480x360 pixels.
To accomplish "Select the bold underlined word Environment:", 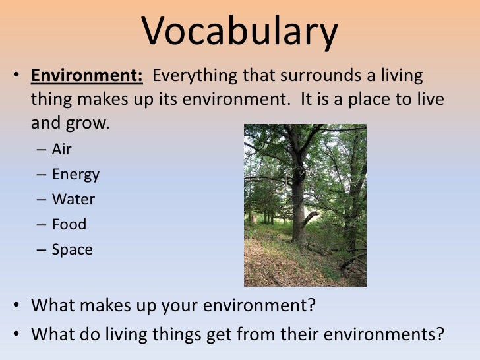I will (86, 76).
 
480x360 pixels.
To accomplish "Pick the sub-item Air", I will (61, 149).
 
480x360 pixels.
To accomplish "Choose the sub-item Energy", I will (76, 175).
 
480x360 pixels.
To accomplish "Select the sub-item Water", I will (73, 199).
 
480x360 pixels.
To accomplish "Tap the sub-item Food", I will (69, 224).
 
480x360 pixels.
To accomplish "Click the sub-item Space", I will (73, 250).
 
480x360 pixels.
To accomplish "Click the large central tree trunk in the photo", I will (298, 198).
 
